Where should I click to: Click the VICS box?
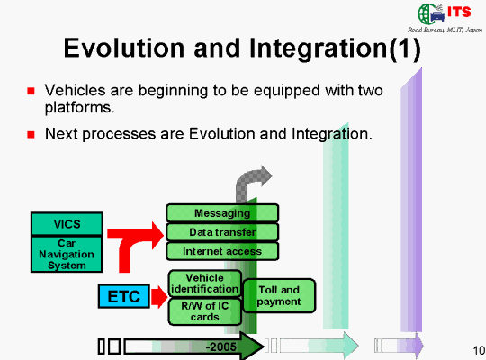pos(67,224)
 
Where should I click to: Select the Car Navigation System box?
pos(67,255)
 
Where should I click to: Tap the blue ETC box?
pos(124,296)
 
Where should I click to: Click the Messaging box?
pos(222,213)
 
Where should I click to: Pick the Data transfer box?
pos(222,232)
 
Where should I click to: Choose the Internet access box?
pos(222,251)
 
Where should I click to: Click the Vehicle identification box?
pos(205,283)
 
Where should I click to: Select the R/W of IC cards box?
pos(205,311)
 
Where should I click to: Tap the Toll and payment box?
pos(279,295)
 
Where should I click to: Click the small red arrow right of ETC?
pos(159,297)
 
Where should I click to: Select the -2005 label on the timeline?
pos(221,346)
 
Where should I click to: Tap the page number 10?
pos(479,350)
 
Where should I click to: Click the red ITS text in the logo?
pos(459,12)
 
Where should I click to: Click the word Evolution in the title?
pos(124,48)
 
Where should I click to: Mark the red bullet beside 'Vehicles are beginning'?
pos(31,91)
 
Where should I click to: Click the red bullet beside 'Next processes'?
pos(31,135)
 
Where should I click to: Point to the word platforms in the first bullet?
pos(80,108)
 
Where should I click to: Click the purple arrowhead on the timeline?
pos(419,345)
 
